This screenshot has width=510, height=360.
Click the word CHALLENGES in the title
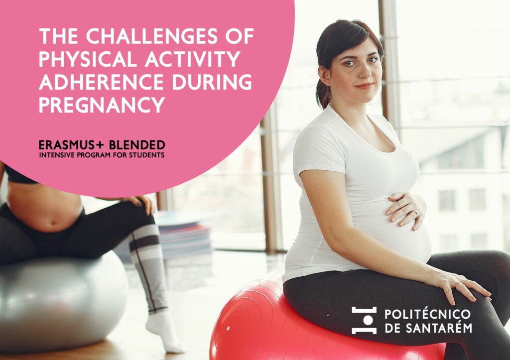151,36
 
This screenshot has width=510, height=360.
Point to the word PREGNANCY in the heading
102,105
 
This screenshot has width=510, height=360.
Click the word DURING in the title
212,82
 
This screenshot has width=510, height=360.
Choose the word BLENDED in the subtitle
137,145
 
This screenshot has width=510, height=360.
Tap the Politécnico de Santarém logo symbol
364,320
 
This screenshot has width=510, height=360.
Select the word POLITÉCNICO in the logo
428,314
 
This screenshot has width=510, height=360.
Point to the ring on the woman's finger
415,214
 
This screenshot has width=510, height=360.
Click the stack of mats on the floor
182,238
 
